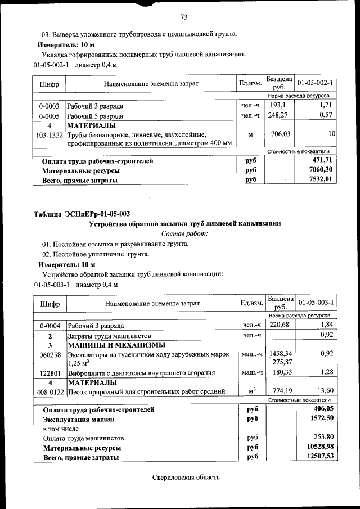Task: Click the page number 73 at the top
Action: (x=183, y=16)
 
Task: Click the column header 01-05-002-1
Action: (x=316, y=83)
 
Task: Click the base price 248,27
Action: (x=280, y=115)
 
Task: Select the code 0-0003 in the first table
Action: (x=49, y=106)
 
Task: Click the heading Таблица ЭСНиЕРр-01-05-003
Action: (x=82, y=213)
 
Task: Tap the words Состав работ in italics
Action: (x=184, y=233)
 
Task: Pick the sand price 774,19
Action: (x=280, y=390)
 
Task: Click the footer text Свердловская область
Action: (x=185, y=477)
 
